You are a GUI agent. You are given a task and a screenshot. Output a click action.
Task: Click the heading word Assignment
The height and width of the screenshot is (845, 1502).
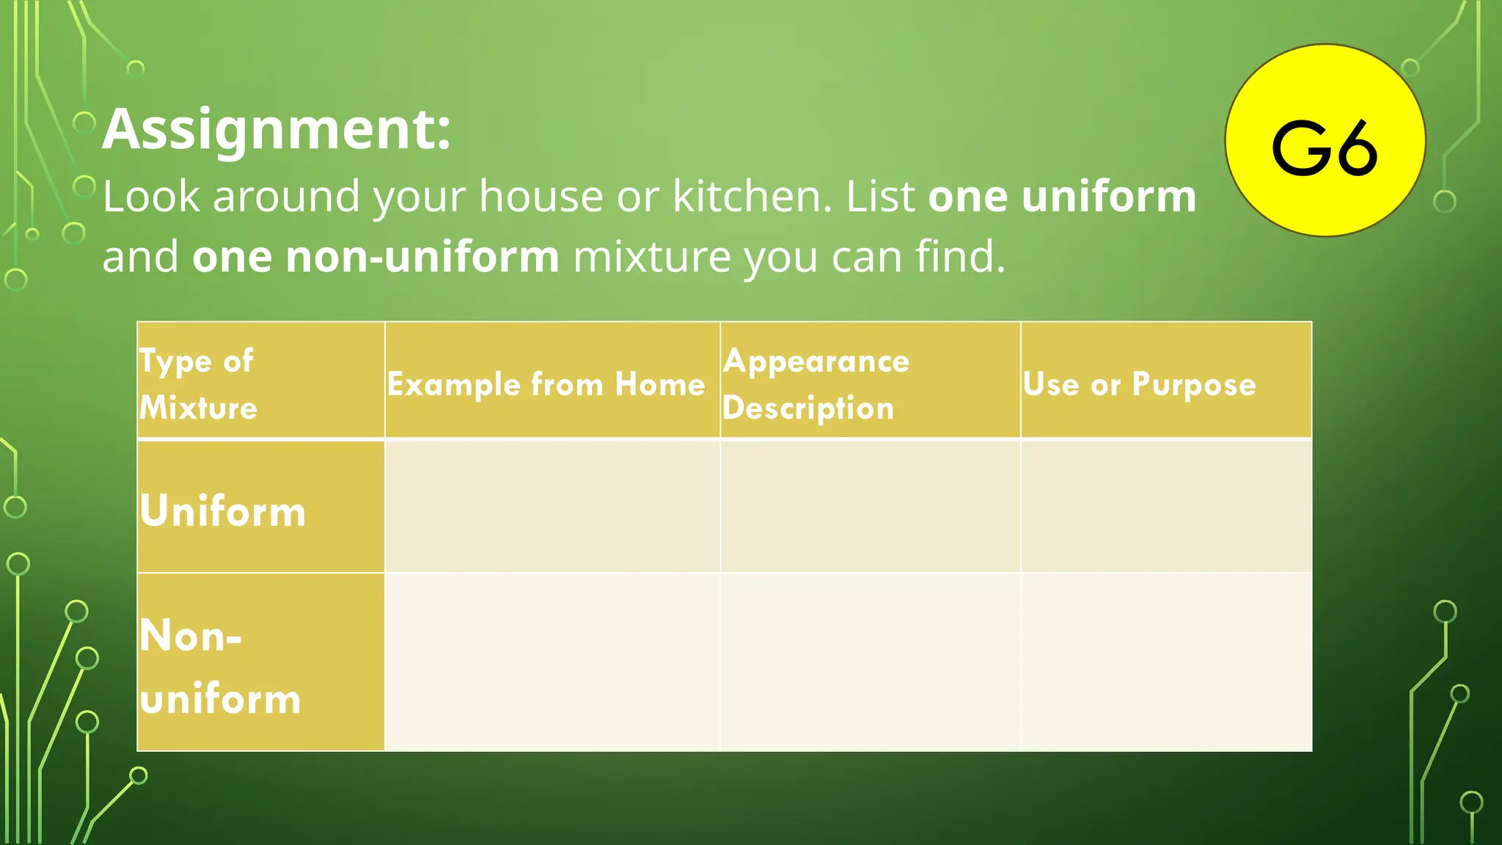pyautogui.click(x=276, y=129)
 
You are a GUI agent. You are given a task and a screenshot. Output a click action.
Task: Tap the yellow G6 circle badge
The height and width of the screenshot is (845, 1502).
pyautogui.click(x=1325, y=141)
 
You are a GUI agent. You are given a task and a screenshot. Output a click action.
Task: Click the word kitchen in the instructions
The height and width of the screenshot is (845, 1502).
pyautogui.click(x=751, y=197)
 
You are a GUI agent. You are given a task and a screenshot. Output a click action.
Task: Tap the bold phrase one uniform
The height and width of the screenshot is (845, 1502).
pyautogui.click(x=1061, y=197)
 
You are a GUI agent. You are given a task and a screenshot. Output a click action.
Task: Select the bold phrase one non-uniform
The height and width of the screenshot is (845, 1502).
pyautogui.click(x=375, y=257)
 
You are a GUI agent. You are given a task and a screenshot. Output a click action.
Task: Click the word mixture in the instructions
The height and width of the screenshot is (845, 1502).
pyautogui.click(x=651, y=257)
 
